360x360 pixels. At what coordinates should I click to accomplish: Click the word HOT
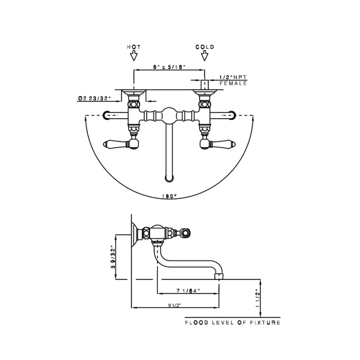tap(133, 47)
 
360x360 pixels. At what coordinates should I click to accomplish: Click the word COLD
tap(205, 47)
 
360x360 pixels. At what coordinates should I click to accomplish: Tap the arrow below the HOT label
tap(133, 56)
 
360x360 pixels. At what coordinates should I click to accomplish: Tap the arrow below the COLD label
tap(205, 56)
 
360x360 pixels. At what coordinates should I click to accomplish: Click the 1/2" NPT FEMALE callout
tap(233, 80)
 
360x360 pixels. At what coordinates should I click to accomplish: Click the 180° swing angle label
tap(169, 196)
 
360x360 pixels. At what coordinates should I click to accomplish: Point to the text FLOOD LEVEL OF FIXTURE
tap(233, 322)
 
